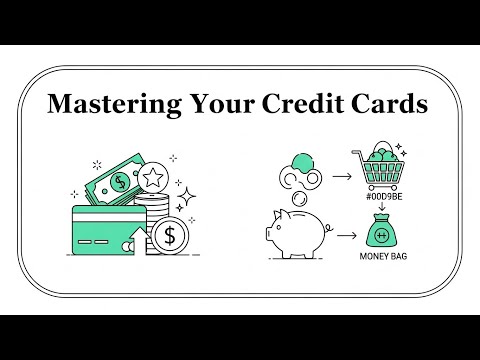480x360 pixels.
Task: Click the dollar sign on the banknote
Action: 120,182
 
